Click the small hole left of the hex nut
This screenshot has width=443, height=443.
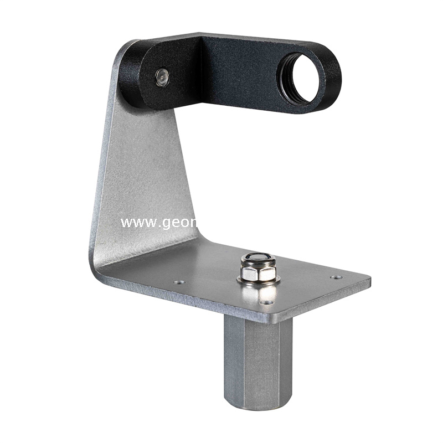click(178, 282)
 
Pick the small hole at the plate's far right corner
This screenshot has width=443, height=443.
click(336, 277)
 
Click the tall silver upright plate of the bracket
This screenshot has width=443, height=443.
click(147, 172)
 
